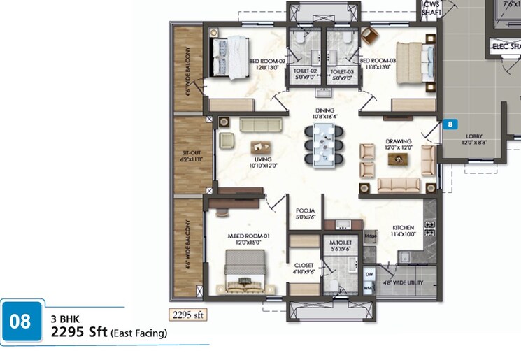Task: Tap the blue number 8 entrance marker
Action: pyautogui.click(x=451, y=124)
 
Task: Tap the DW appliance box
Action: pyautogui.click(x=369, y=275)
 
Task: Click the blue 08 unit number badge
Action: pyautogui.click(x=20, y=322)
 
